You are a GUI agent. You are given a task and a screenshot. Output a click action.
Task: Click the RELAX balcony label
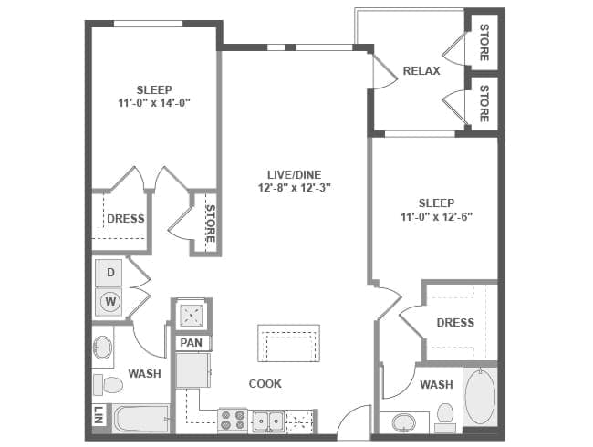coord(421,71)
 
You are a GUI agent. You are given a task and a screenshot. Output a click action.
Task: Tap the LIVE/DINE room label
coord(295,175)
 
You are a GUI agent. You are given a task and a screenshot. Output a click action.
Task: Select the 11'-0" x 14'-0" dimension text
coord(154,103)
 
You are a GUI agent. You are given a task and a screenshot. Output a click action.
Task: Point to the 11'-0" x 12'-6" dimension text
coord(437,217)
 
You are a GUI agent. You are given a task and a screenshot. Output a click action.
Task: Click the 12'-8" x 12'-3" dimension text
coord(295,188)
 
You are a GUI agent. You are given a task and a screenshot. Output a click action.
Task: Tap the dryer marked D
coord(109,273)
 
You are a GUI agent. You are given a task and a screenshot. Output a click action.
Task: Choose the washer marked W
coord(109,301)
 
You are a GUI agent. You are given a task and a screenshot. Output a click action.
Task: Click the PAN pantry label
coord(192,343)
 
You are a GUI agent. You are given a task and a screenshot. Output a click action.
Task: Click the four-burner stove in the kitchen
coord(233,421)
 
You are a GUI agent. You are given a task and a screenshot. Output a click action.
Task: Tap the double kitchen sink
coord(268,421)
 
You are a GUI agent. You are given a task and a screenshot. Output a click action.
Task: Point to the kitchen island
coord(289,343)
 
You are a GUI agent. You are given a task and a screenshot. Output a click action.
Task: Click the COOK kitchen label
coord(265,384)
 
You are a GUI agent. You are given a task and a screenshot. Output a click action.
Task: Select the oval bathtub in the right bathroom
coord(480,396)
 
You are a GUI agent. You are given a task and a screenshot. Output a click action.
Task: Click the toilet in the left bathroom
coord(109,385)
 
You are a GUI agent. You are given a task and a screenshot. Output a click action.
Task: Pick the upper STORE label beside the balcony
coord(484,42)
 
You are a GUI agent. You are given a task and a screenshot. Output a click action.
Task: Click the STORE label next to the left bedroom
coord(210,223)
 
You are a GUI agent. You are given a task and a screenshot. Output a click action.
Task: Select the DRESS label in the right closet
coord(455,323)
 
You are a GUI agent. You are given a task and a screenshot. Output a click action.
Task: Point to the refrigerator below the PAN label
coord(193,370)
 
